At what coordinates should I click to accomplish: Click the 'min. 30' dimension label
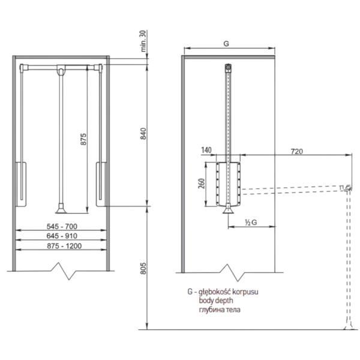143,41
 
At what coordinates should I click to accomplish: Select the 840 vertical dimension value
143,134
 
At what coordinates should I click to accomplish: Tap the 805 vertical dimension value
143,268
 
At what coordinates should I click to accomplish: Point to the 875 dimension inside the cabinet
83,139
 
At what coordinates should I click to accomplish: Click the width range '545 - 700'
62,226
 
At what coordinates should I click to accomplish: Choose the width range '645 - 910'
62,236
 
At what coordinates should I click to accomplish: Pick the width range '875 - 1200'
64,246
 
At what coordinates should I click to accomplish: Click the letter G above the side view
226,43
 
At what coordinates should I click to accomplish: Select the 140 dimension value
206,150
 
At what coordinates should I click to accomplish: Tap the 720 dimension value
296,151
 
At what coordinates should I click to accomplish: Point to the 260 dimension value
201,183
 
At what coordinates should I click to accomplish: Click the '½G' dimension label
251,222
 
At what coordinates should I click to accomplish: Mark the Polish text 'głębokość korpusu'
228,292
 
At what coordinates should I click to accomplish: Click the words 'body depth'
216,301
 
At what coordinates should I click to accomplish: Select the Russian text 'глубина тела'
220,310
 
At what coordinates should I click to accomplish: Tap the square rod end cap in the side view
228,68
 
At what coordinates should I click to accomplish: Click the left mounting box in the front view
21,184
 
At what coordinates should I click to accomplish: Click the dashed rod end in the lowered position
349,188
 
